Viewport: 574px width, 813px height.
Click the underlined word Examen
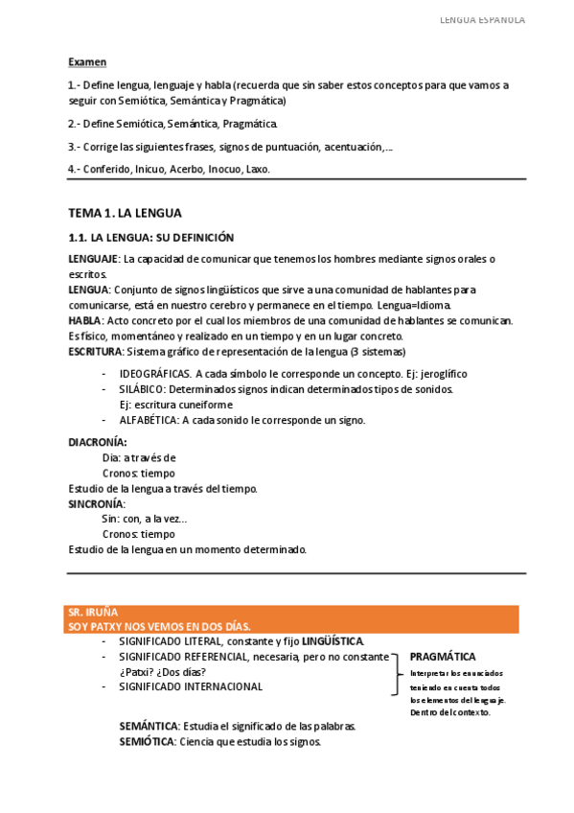pyautogui.click(x=87, y=62)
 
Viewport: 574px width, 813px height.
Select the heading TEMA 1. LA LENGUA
pyautogui.click(x=125, y=212)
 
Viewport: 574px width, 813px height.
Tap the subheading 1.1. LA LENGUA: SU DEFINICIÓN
pyautogui.click(x=151, y=238)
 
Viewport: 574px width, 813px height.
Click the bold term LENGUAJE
pyautogui.click(x=93, y=259)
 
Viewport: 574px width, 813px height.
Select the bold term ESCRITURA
pyautogui.click(x=94, y=351)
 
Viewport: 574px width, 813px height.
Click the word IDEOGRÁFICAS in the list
pyautogui.click(x=155, y=374)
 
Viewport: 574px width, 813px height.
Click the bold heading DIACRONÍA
pyautogui.click(x=98, y=442)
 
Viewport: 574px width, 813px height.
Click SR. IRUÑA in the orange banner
pyautogui.click(x=93, y=612)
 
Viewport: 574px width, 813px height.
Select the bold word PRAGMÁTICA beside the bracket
pyautogui.click(x=443, y=657)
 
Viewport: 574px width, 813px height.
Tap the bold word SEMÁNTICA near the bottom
pyautogui.click(x=148, y=726)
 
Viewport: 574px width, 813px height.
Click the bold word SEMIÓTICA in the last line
pyautogui.click(x=147, y=741)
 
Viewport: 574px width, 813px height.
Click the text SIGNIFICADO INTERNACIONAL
pyautogui.click(x=191, y=686)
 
